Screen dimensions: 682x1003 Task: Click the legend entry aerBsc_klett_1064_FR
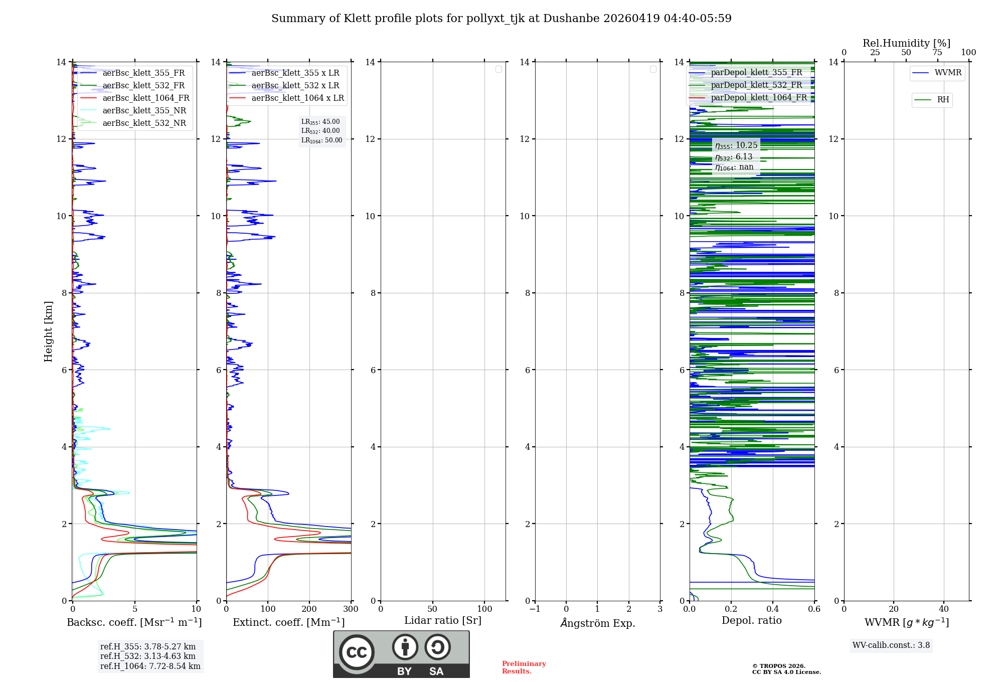pos(145,98)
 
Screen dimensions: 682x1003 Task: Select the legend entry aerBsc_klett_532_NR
pos(144,123)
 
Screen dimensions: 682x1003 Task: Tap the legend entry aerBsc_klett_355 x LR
pos(295,73)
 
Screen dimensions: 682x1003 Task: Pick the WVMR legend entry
pos(947,73)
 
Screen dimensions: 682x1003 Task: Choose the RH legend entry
pos(942,100)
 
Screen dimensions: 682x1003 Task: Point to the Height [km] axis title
pos(48,331)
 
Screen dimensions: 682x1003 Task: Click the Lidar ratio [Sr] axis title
pos(442,620)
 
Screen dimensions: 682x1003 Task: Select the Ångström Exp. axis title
pos(597,623)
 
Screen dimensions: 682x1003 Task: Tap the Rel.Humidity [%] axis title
pos(906,43)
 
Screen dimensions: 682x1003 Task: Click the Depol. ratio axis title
pos(751,620)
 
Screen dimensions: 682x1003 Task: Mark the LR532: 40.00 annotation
pos(320,131)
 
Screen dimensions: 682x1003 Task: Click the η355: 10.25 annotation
pos(736,145)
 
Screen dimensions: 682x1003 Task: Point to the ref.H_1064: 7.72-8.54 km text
pos(150,666)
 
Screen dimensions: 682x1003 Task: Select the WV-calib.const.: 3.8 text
pos(891,645)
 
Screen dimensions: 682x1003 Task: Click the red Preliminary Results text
pos(524,667)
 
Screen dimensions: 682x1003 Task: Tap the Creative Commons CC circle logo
pos(357,652)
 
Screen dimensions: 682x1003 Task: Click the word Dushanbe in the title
pos(571,19)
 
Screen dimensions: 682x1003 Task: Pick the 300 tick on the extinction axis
pos(351,609)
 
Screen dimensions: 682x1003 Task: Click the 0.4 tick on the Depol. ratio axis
pos(772,609)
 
